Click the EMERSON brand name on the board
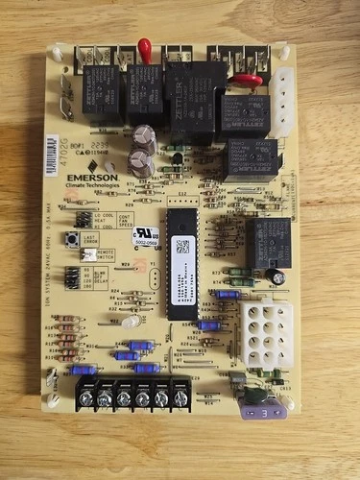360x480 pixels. tap(93, 178)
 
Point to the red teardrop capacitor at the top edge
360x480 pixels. tap(145, 47)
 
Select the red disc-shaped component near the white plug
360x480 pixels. tap(248, 81)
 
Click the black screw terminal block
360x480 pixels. tap(132, 393)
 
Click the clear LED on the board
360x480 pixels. tap(131, 323)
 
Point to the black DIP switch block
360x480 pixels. tap(73, 278)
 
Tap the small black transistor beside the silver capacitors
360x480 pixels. tap(178, 158)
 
